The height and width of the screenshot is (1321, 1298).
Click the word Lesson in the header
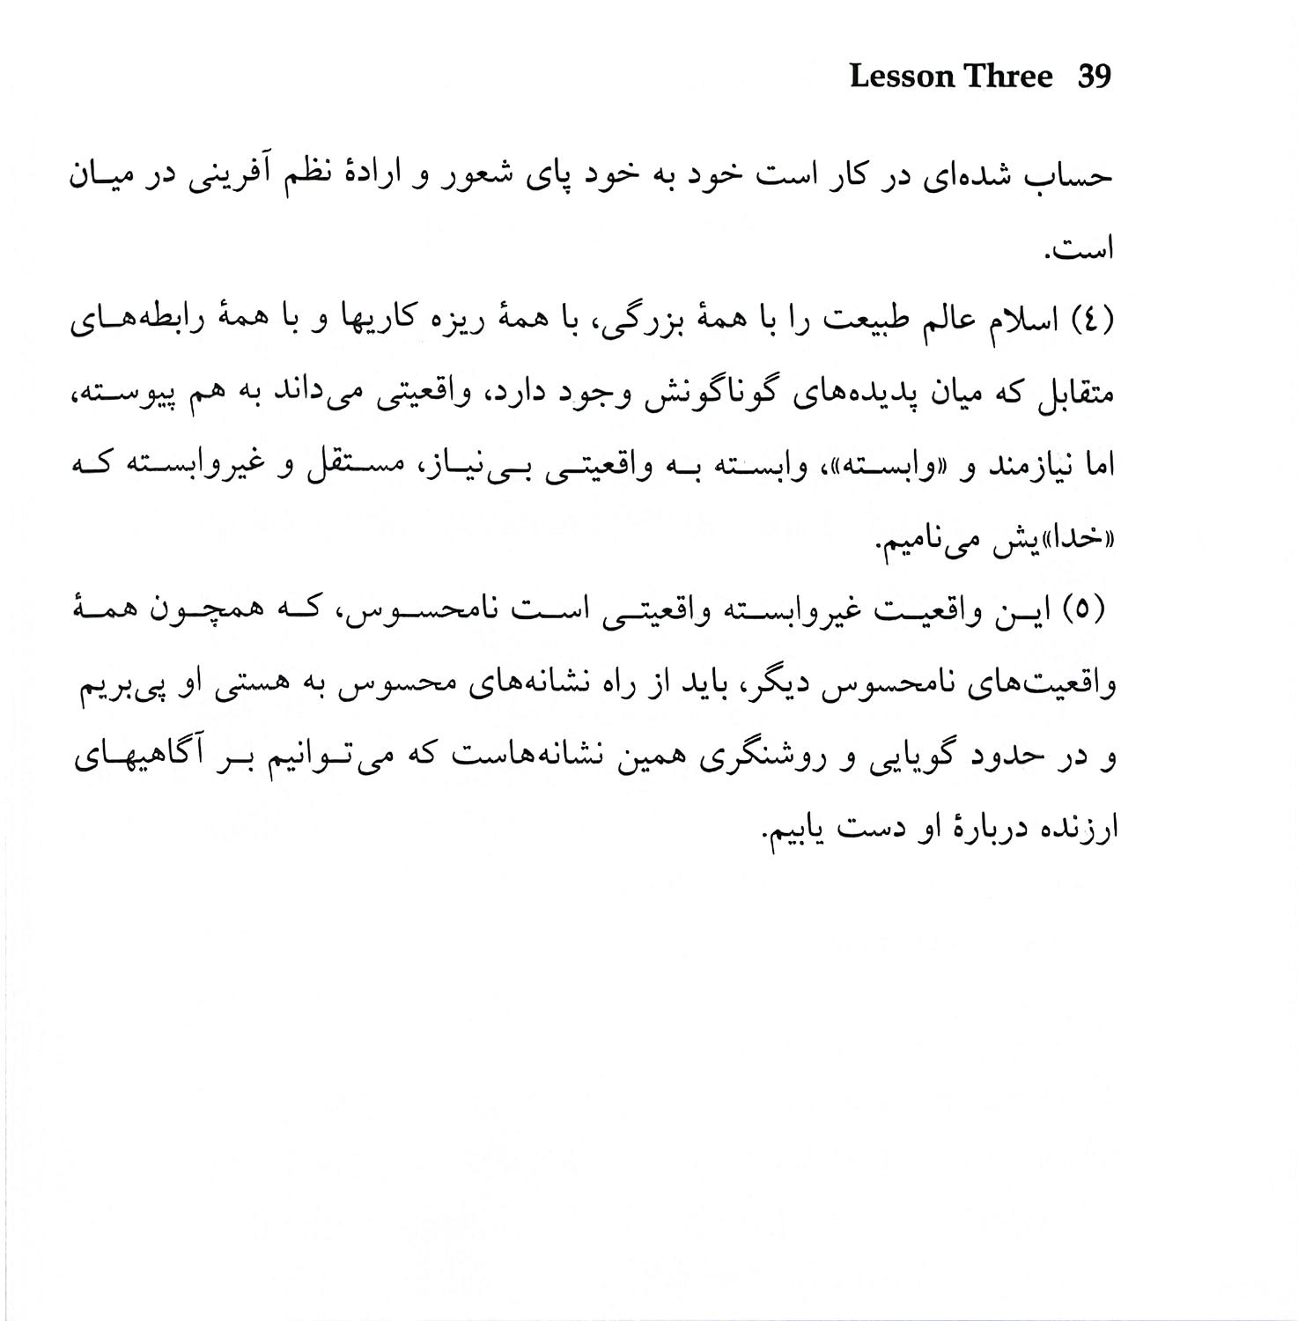click(901, 77)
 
